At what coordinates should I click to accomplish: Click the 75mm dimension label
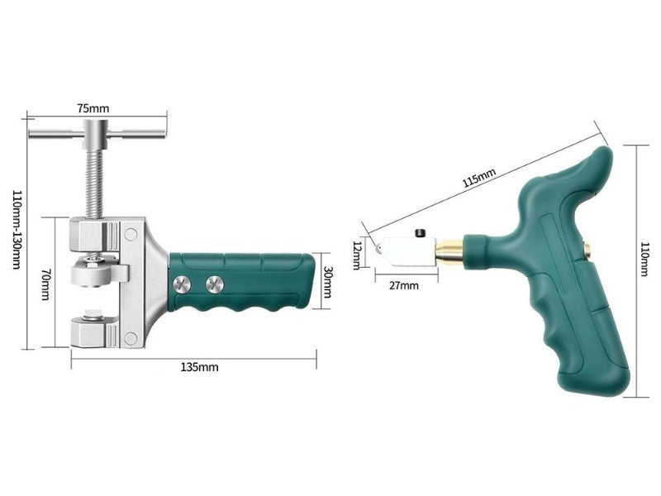pos(93,108)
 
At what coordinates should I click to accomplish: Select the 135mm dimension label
pos(199,367)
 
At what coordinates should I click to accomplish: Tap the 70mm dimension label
pos(45,285)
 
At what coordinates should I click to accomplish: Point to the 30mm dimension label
pos(327,282)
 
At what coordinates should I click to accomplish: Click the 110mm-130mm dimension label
pos(16,230)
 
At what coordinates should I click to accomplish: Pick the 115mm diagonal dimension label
pos(479,177)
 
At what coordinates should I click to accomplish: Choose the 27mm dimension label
pos(404,285)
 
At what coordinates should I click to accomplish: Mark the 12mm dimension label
pos(357,255)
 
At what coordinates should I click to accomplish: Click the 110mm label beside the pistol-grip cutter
pos(644,259)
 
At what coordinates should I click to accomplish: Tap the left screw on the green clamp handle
pos(181,284)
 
